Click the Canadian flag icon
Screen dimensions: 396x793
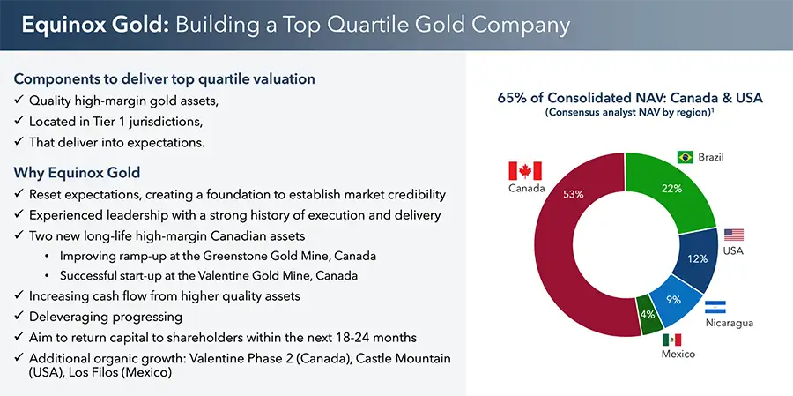point(525,171)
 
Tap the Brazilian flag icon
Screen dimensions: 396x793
point(685,157)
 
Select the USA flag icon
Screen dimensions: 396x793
point(734,235)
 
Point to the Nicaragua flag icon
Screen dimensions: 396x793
point(715,306)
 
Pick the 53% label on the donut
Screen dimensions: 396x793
point(574,194)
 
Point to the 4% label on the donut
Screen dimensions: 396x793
point(647,313)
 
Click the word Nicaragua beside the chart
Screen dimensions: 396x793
point(729,324)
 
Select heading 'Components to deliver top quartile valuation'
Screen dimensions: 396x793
point(165,78)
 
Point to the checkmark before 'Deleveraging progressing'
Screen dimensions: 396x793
point(19,317)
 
